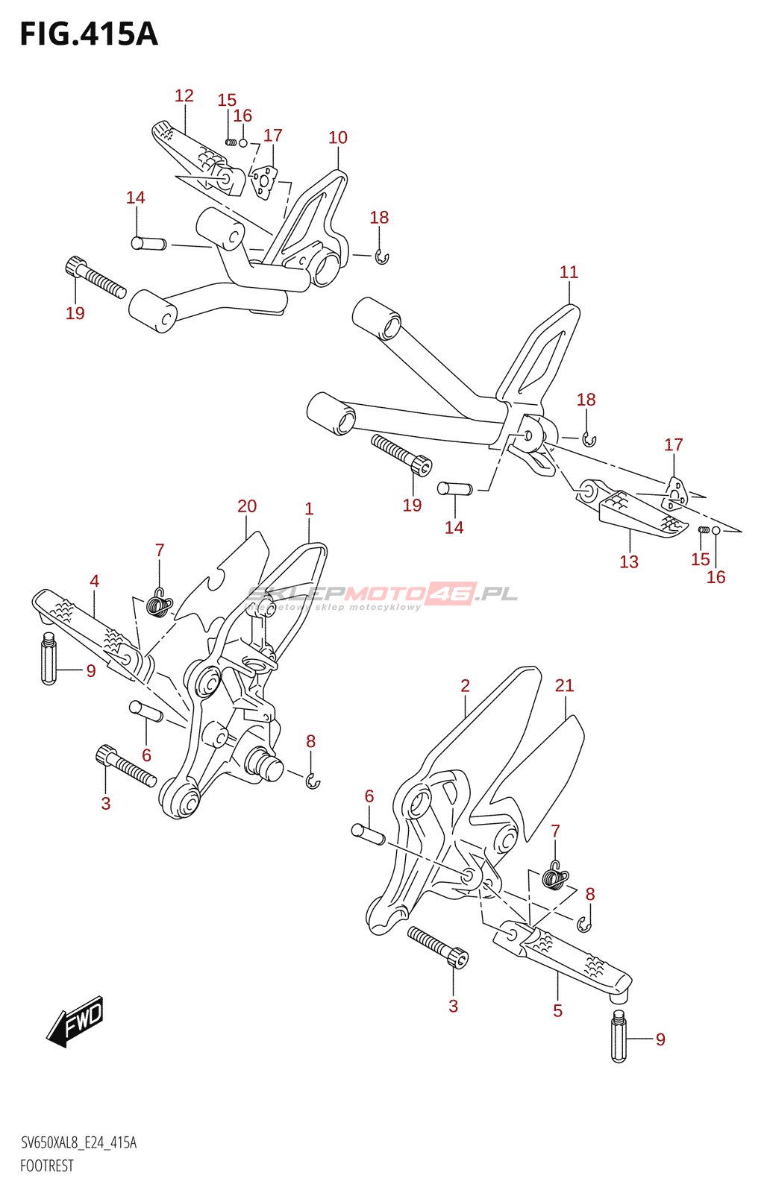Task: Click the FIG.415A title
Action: tap(89, 34)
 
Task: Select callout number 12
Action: tap(184, 96)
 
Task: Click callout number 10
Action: tap(338, 138)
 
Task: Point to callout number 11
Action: tap(569, 273)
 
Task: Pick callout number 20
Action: tap(247, 507)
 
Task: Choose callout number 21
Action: tap(565, 686)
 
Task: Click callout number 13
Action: tap(629, 562)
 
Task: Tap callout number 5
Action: tap(557, 1011)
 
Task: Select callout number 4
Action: tap(94, 582)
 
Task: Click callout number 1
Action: tap(309, 509)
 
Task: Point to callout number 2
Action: tap(465, 686)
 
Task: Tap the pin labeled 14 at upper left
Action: tap(148, 243)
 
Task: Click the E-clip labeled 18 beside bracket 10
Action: tap(382, 258)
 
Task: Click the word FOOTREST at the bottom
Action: tap(46, 1166)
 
